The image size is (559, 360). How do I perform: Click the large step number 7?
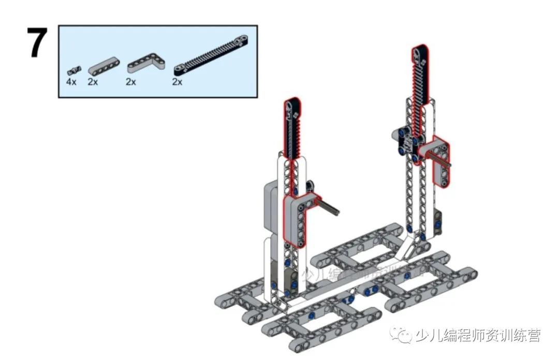click(x=37, y=43)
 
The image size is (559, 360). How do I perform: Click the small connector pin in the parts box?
click(x=75, y=69)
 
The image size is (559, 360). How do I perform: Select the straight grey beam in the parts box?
click(x=104, y=66)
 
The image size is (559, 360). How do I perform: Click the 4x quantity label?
click(x=71, y=82)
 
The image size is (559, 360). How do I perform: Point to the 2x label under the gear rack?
click(x=177, y=82)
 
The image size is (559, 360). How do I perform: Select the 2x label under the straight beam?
click(x=93, y=82)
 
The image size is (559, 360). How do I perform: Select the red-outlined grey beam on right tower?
click(x=439, y=160)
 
